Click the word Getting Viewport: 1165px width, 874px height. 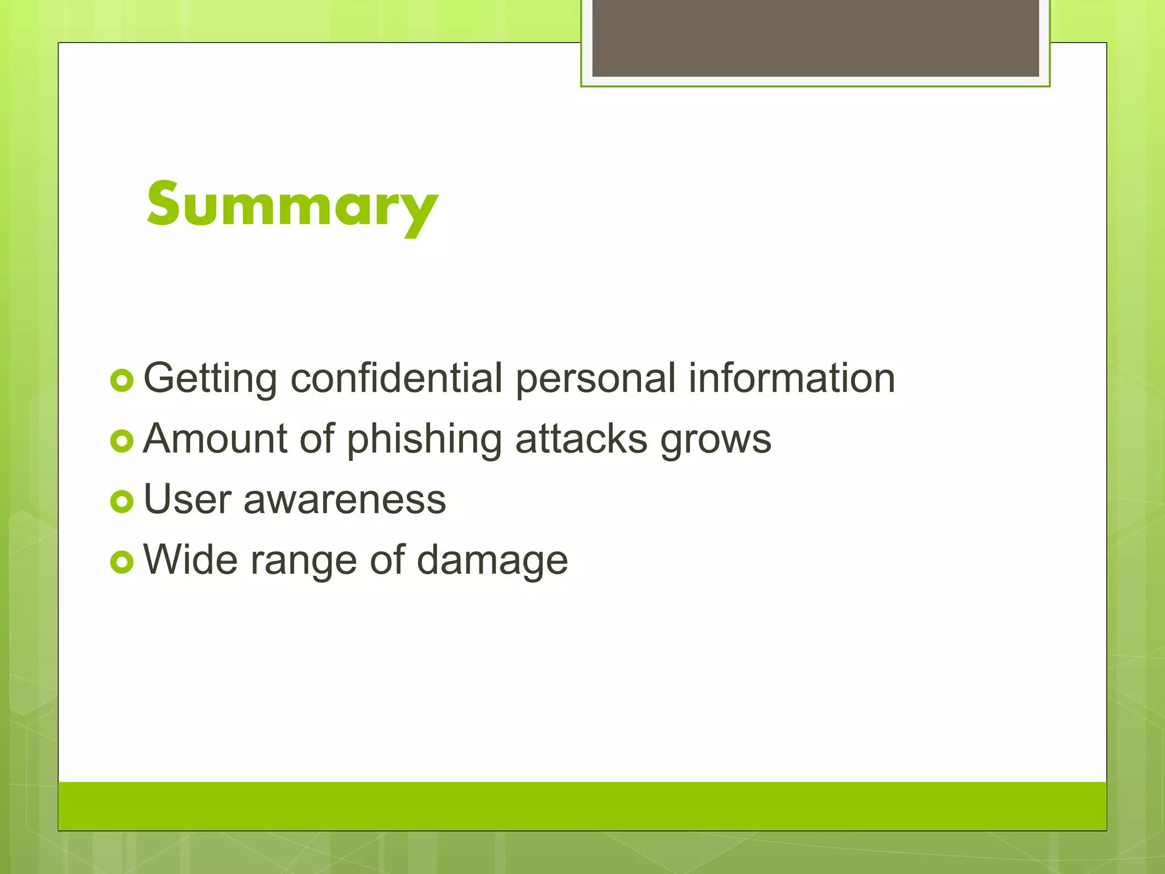point(210,379)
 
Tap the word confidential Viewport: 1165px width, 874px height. point(396,378)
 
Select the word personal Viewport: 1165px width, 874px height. point(596,379)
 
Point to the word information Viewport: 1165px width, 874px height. point(791,378)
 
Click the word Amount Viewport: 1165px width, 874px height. point(216,439)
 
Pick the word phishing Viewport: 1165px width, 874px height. point(424,440)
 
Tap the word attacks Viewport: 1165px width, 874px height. point(581,439)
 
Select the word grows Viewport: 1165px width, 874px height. point(716,440)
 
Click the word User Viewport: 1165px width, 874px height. point(188,500)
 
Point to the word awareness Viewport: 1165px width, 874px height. point(345,500)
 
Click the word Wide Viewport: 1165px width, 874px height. point(191,560)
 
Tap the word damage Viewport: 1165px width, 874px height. point(492,561)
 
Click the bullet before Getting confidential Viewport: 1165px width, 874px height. point(122,380)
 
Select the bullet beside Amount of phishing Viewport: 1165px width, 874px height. point(122,441)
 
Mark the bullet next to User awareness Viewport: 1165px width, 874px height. point(122,501)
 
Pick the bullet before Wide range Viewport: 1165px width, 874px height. point(122,562)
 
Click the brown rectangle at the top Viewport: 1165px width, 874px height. point(815,38)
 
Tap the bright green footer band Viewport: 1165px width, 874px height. point(582,806)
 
